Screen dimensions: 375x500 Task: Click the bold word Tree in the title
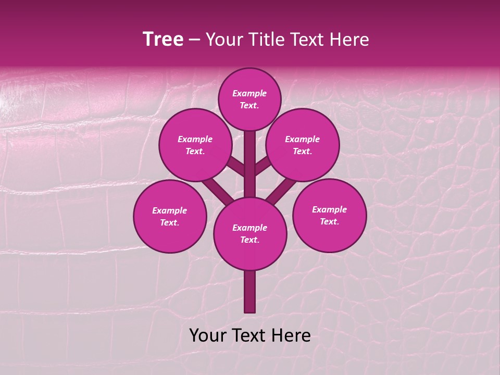(163, 40)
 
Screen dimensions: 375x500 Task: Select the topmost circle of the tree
(249, 99)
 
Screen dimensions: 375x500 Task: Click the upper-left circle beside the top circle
(195, 145)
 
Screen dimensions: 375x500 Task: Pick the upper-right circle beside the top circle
(303, 145)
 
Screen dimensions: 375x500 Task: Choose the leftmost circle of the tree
(170, 216)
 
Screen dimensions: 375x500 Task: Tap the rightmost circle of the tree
(329, 215)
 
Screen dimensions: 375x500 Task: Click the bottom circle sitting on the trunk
(250, 233)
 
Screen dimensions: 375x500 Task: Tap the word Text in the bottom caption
(251, 335)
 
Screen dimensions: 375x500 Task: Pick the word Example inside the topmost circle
(249, 94)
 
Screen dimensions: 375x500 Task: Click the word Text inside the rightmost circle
(329, 221)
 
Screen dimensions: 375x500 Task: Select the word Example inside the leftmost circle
(170, 211)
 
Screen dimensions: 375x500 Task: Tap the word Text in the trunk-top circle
(249, 240)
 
